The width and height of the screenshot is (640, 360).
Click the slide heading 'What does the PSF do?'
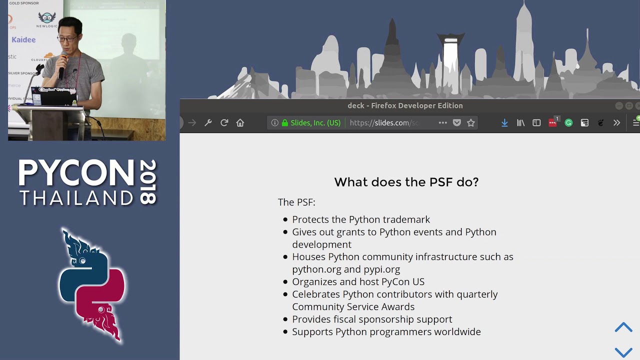(406, 182)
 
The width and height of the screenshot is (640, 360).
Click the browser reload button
(224, 122)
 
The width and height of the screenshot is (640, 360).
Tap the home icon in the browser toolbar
(240, 122)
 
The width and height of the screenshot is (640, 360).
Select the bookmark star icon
(470, 122)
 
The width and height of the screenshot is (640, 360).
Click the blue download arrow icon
(504, 122)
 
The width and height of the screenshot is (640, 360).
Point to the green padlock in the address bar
(285, 122)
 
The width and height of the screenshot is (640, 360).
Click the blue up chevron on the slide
(623, 327)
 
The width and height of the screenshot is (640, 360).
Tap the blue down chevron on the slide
(623, 352)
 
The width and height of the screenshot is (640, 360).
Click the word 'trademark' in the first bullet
(406, 219)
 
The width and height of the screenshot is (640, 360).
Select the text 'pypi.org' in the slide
(381, 269)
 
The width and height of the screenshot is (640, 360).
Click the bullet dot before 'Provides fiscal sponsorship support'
(285, 319)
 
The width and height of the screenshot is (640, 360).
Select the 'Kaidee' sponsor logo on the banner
(23, 39)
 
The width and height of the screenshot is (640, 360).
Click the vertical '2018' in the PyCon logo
(148, 182)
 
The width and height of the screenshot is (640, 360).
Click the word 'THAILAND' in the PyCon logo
(76, 198)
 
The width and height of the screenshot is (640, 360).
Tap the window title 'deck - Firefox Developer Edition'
(405, 105)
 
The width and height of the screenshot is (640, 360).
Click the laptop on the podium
(52, 96)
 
